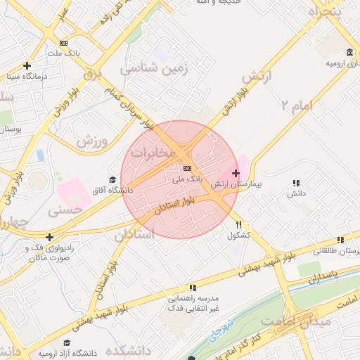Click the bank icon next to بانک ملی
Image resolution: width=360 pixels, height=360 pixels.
[187, 169]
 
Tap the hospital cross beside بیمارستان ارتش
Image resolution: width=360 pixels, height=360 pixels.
[235, 173]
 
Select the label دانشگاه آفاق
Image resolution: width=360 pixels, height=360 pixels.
[109, 191]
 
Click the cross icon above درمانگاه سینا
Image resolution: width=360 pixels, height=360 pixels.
[27, 65]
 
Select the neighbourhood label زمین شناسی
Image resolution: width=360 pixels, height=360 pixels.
[148, 70]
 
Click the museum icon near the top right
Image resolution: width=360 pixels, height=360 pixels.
[350, 52]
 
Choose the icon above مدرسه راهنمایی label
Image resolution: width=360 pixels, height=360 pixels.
[192, 288]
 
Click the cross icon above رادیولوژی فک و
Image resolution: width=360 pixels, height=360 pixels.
[49, 237]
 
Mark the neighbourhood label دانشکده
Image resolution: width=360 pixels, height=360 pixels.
[129, 349]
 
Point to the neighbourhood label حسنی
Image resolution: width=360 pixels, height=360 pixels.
[65, 210]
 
